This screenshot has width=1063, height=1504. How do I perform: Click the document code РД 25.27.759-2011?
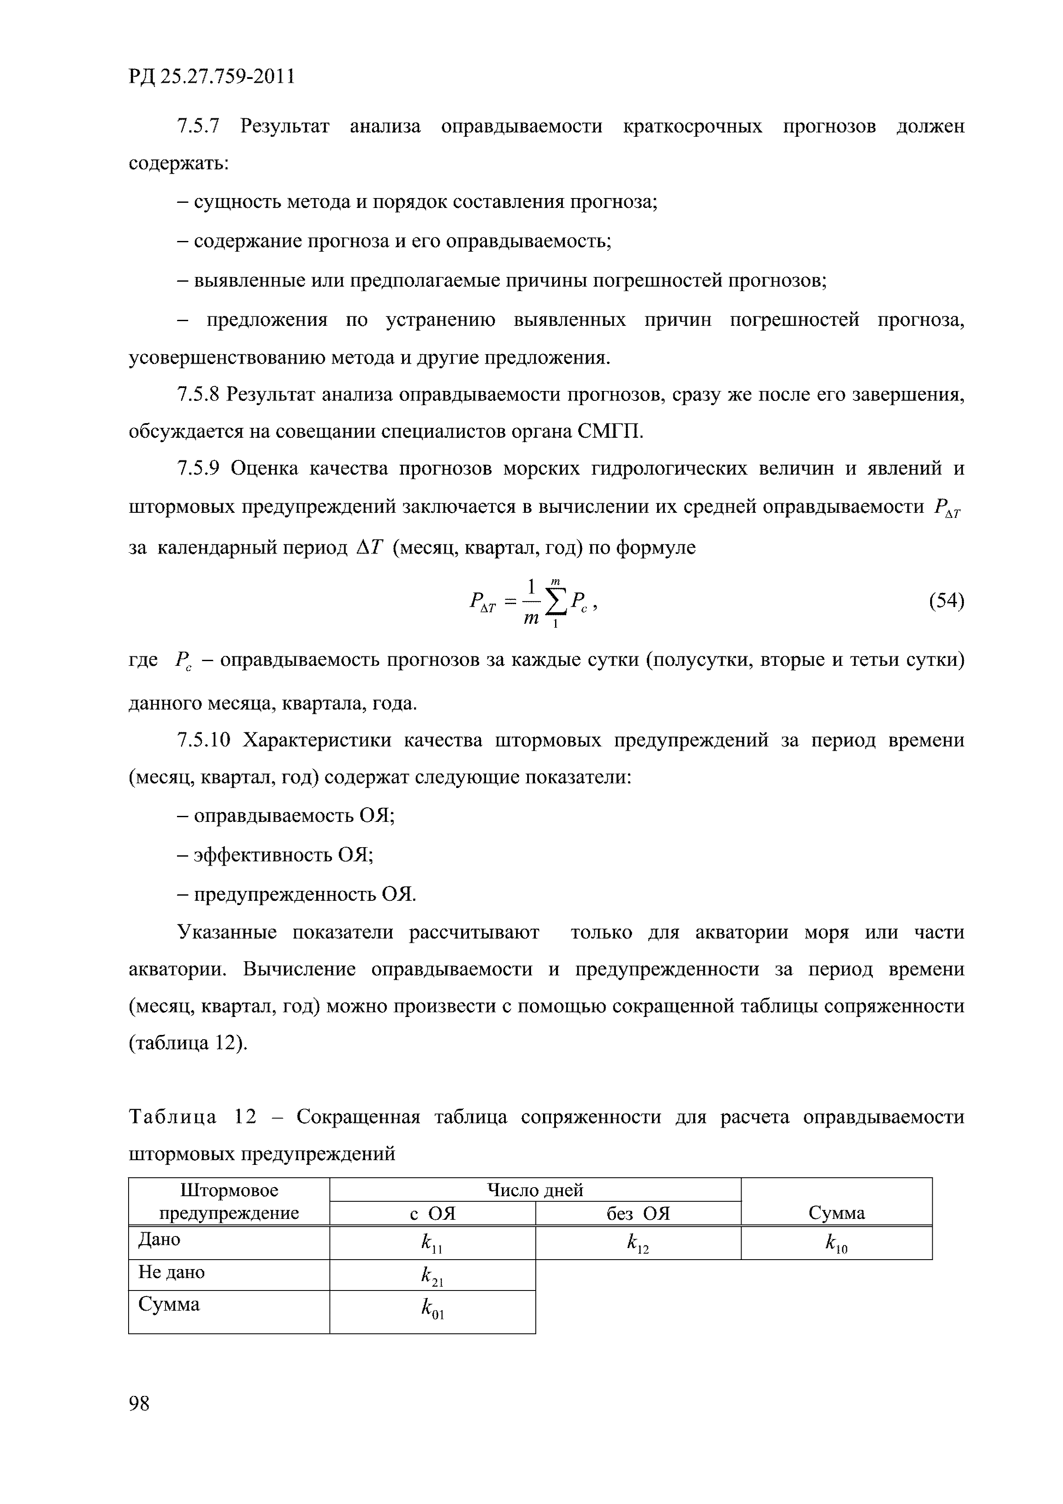pos(212,77)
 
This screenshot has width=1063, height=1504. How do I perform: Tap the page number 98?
pos(139,1403)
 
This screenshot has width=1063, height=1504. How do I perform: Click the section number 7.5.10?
pos(204,740)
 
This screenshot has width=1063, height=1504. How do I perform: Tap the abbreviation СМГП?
pos(610,432)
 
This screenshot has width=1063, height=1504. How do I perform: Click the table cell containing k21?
pos(432,1275)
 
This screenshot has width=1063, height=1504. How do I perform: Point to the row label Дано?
pos(159,1239)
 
